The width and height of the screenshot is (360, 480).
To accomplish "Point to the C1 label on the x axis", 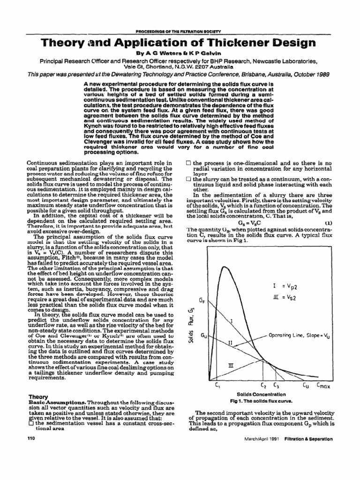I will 217,386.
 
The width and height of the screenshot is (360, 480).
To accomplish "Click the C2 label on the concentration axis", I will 263,386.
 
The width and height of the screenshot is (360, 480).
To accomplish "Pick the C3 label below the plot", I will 276,386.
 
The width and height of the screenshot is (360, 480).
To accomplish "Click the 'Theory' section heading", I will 38,396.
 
